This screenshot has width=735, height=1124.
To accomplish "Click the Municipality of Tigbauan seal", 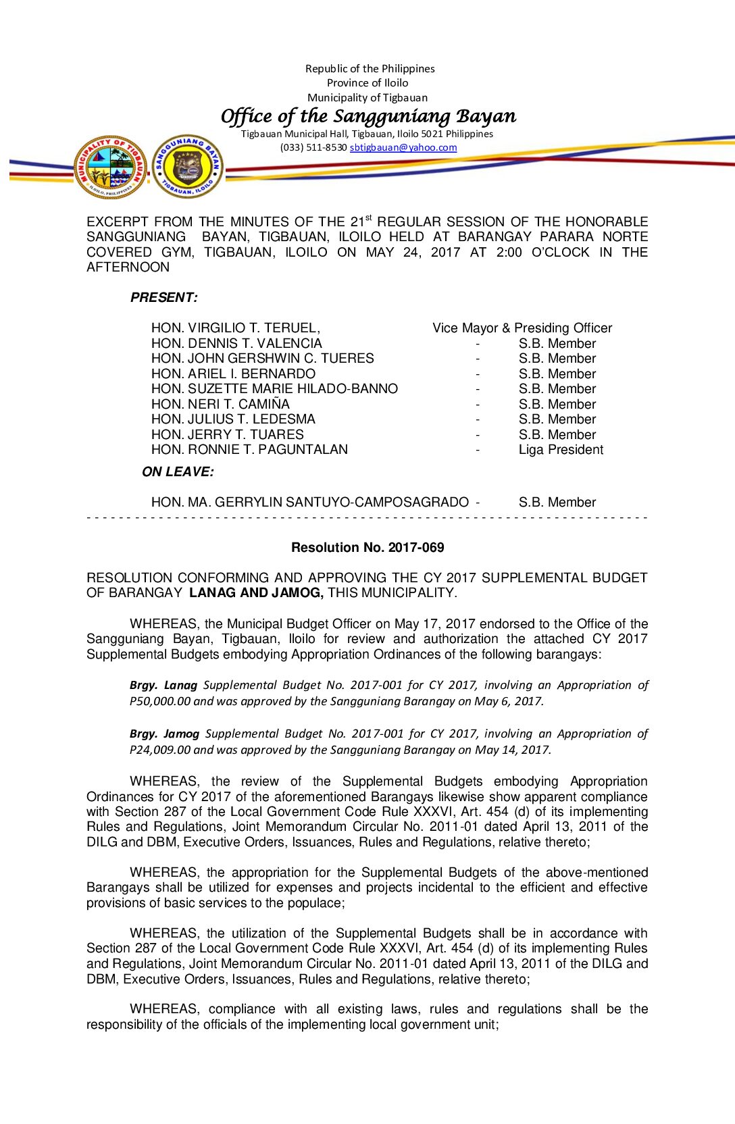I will tap(110, 167).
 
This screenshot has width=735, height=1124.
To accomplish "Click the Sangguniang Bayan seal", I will tap(187, 167).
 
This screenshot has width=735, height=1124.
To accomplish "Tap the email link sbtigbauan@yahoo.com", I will tap(403, 147).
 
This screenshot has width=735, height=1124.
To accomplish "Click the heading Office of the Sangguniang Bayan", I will tap(368, 116).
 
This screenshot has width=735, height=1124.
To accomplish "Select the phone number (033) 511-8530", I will tap(313, 147).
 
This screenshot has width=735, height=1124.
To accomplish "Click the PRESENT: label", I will tap(163, 297).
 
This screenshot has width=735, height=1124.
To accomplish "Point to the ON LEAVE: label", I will tap(178, 471).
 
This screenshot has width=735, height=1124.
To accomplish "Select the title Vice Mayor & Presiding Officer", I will tap(522, 328).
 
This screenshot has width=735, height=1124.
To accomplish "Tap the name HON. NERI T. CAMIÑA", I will tap(220, 404).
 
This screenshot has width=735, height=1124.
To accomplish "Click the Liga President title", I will tap(561, 450).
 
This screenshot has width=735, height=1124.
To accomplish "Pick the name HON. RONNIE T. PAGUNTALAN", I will tap(249, 450).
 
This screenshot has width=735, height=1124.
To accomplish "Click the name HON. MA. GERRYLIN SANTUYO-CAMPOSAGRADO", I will tap(309, 502).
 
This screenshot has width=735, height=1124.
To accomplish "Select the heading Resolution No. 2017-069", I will tap(367, 548).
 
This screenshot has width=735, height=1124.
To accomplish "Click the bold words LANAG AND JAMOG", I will tap(256, 593).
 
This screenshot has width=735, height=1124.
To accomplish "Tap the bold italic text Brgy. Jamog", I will tap(164, 734).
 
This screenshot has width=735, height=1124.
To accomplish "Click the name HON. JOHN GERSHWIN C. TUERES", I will tap(262, 359).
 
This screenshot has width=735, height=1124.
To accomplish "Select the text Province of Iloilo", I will tap(367, 83).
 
